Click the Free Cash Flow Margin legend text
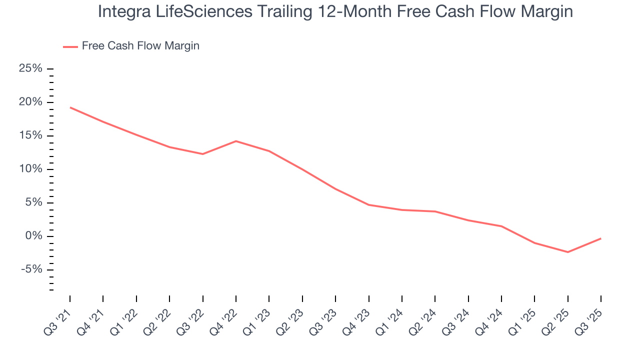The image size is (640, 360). coord(140,46)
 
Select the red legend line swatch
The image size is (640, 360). coord(70,46)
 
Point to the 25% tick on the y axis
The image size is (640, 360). coord(50,68)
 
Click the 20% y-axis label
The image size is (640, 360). coord(30,102)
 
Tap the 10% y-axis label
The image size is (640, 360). coord(30,169)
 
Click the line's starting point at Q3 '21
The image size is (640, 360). coord(70,107)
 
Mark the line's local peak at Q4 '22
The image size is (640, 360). coord(235,141)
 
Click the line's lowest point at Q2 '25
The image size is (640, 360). coord(567,252)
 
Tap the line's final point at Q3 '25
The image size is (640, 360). coord(600,238)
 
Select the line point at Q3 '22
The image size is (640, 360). coord(202,154)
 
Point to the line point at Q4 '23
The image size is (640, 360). coord(368,204)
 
